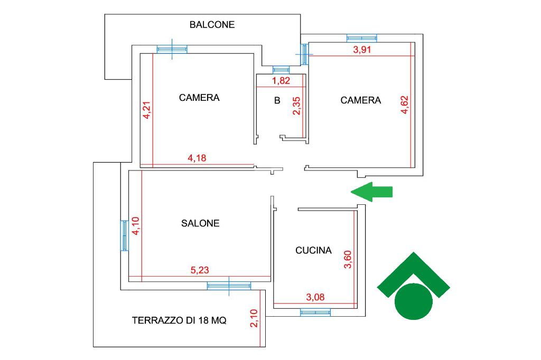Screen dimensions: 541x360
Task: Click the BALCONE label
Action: tap(212, 25)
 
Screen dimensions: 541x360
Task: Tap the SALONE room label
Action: tap(200, 223)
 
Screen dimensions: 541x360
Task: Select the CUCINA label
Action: tap(313, 250)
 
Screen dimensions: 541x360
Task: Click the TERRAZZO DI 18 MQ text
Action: tap(179, 320)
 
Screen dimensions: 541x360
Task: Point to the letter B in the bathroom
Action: tap(277, 101)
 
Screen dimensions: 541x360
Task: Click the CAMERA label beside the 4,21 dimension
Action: tap(199, 98)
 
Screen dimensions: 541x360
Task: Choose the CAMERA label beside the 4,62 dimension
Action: tap(360, 100)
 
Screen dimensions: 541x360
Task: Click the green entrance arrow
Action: tap(371, 192)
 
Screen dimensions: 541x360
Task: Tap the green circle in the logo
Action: tap(413, 301)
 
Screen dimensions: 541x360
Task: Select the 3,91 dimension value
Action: tap(362, 50)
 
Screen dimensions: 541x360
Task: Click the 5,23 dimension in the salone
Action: tap(200, 270)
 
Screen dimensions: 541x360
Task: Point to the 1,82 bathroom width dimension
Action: tap(281, 81)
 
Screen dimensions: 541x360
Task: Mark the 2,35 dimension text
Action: tap(296, 106)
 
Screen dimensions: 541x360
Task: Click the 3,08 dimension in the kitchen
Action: tap(315, 297)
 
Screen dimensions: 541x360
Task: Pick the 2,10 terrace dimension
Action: tap(254, 318)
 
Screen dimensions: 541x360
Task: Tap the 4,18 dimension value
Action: tap(197, 158)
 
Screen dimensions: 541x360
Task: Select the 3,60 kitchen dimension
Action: tap(348, 259)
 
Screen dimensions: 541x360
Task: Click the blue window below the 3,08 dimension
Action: tap(315, 312)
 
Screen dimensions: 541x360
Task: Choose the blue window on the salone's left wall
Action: tap(124, 235)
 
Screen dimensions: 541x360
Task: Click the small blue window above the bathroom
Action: tap(281, 70)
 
